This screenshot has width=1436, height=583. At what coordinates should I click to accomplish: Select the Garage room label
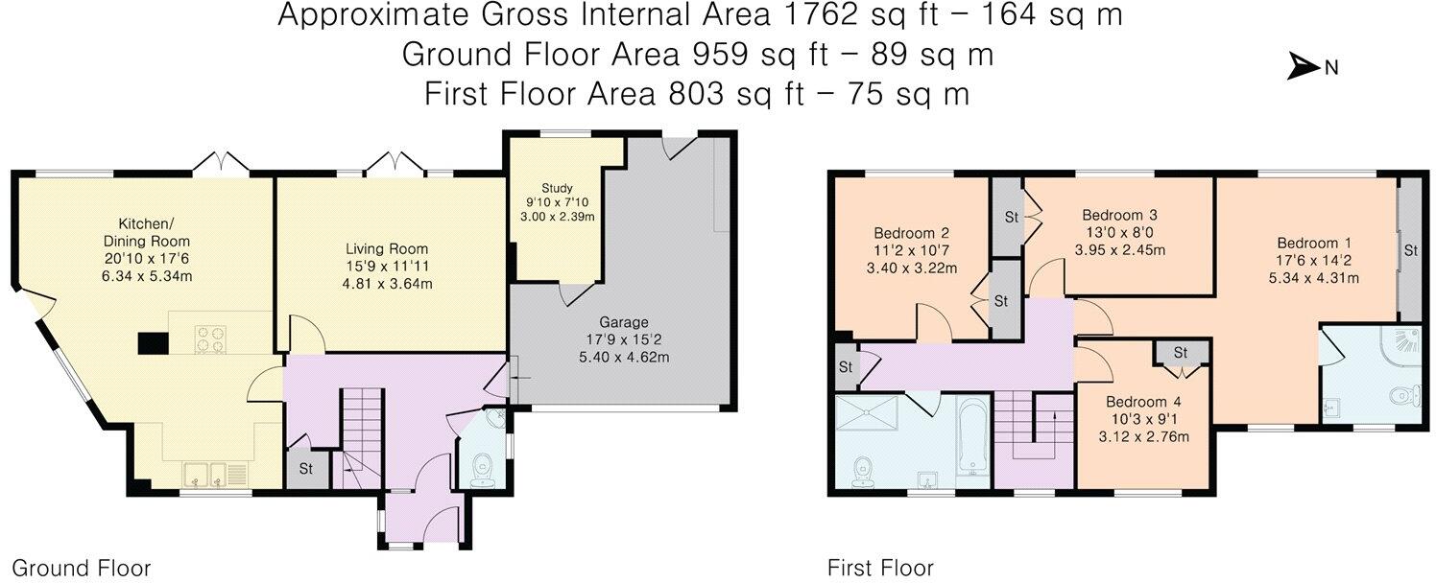tap(624, 322)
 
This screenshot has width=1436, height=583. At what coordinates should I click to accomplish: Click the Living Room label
tap(373, 249)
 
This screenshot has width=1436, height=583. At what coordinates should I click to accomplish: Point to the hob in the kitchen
tap(210, 338)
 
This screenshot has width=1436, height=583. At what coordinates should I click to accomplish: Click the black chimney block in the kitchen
tap(152, 343)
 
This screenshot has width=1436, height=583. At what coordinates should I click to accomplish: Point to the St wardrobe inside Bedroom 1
tap(1409, 250)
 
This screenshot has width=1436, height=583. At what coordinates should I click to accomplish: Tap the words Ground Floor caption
tap(81, 568)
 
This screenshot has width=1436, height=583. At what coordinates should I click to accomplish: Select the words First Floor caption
tap(880, 568)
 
